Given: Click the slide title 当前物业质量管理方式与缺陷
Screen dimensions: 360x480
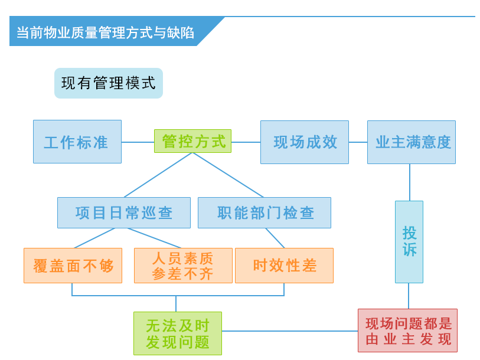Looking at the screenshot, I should tap(105, 32).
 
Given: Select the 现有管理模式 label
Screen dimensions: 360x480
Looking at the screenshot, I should tap(108, 83).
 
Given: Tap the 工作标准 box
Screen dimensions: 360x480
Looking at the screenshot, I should tap(77, 142).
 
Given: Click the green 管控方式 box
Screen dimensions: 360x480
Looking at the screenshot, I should tap(192, 142).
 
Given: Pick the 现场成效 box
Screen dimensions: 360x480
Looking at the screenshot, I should tap(304, 142).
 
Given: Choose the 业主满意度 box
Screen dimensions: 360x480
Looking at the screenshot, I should tap(411, 142).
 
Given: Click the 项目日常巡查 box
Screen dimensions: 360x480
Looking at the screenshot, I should tap(123, 212).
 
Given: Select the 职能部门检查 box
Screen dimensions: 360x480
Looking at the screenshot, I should tap(264, 212).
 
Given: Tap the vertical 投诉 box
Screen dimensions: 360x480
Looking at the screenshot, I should tap(409, 241).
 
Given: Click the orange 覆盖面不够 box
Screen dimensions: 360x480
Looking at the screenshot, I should tap(73, 266).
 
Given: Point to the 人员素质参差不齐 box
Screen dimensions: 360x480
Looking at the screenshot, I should tap(183, 266).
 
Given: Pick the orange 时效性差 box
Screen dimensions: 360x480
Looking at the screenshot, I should tap(284, 266).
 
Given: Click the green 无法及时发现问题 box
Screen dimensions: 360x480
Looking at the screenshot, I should tap(177, 333).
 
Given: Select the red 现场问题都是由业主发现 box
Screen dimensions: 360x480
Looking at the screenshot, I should tap(407, 330).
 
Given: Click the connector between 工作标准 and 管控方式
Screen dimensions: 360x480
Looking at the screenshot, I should tap(138, 142).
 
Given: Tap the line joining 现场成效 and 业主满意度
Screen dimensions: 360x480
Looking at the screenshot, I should tap(358, 142).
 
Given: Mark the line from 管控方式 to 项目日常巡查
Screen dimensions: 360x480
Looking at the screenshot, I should tap(158, 175).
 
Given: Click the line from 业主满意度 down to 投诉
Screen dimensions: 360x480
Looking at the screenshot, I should tap(410, 182).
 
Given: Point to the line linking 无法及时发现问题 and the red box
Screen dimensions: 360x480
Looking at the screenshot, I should tap(289, 331).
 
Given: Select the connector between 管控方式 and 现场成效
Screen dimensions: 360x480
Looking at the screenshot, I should tap(246, 142).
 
